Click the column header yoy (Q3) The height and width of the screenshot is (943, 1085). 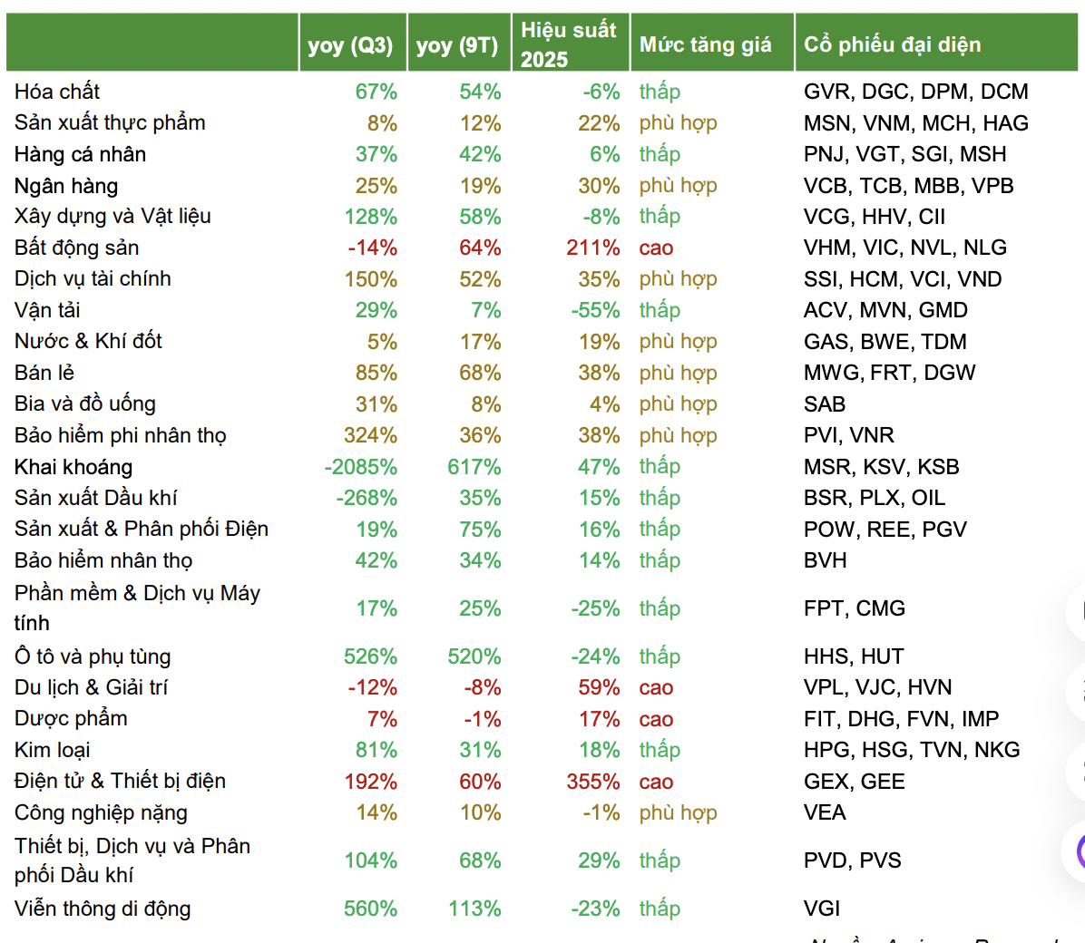[350, 44]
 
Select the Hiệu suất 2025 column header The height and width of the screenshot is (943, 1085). [569, 44]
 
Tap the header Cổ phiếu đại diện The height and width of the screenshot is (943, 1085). [892, 44]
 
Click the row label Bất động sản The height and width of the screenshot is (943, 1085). [77, 248]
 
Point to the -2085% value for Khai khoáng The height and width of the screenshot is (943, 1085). [361, 467]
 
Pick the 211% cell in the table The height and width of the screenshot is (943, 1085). [593, 248]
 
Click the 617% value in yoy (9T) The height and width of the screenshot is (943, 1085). [474, 467]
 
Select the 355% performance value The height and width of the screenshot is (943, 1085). [593, 782]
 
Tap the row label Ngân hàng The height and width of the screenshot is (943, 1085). [66, 186]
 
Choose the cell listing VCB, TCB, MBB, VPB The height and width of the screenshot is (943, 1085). [908, 186]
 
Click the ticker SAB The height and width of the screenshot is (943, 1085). [824, 404]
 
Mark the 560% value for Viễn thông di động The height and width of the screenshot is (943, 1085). [370, 909]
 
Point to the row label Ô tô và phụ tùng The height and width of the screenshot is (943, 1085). [93, 656]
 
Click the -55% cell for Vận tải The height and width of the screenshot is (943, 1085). [596, 310]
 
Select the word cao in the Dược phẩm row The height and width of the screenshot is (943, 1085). [656, 719]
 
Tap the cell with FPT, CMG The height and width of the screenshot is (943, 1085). [854, 608]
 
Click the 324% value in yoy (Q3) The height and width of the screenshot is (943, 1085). [370, 436]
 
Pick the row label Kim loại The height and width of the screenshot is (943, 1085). [53, 750]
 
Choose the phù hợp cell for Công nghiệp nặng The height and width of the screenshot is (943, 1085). [678, 812]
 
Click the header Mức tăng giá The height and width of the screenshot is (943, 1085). [705, 44]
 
